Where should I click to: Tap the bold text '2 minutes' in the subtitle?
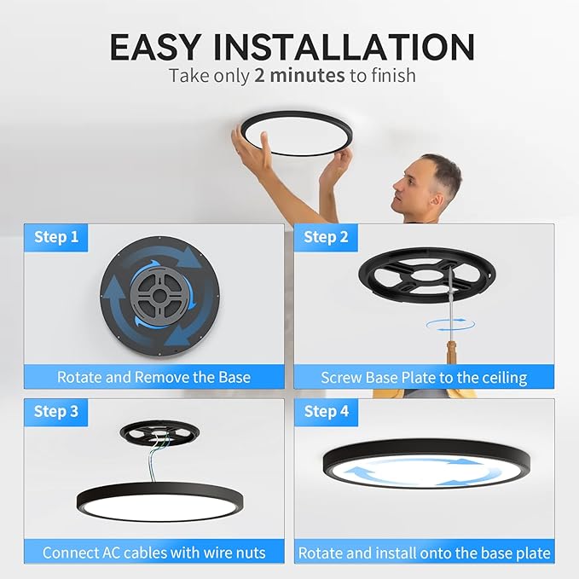299,75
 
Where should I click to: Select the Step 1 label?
56,237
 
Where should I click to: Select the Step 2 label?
327,237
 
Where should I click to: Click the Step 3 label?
56,412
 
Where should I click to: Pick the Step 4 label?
327,412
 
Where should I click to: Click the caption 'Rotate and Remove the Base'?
153,376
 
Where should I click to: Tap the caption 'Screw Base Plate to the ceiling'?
424,376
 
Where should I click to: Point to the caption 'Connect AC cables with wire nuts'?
153,553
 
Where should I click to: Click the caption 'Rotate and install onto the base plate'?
424,553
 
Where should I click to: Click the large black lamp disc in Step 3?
153,503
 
